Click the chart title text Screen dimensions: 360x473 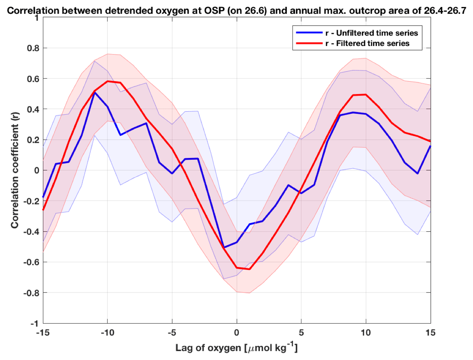click(x=236, y=10)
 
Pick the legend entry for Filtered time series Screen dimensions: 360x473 click(x=367, y=43)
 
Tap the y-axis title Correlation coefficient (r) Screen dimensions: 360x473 click(x=14, y=171)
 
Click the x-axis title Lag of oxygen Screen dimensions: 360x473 click(x=236, y=348)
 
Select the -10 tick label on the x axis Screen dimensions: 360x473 click(x=107, y=333)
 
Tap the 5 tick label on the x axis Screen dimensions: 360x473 click(x=301, y=333)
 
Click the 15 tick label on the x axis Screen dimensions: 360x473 click(x=430, y=333)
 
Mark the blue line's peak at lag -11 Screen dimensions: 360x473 click(x=95, y=92)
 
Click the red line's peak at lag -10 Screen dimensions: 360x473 click(x=107, y=81)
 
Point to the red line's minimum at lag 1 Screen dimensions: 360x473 click(x=249, y=269)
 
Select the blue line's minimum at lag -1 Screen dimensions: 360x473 click(x=224, y=247)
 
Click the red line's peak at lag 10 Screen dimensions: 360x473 click(x=366, y=95)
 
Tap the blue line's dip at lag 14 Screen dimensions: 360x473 click(x=417, y=174)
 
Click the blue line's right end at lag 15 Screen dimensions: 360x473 click(x=430, y=146)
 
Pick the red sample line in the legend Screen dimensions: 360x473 click(x=309, y=43)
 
